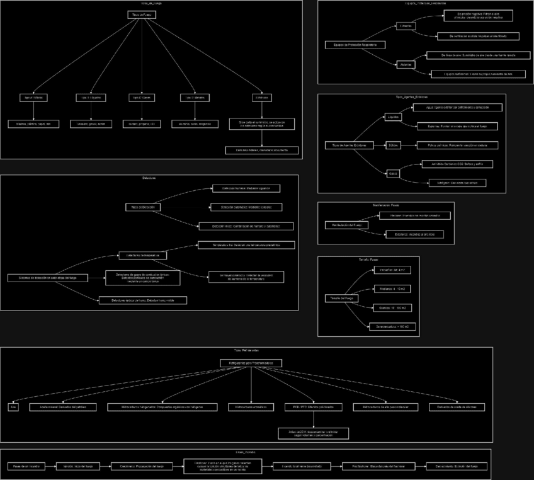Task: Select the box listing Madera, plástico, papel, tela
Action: click(x=33, y=124)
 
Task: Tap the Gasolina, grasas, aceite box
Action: click(x=91, y=124)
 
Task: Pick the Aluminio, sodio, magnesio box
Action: click(x=193, y=124)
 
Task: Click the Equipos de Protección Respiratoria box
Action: click(x=355, y=45)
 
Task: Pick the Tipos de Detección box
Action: click(x=142, y=207)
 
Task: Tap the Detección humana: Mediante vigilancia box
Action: click(x=246, y=188)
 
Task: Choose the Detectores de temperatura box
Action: click(x=142, y=255)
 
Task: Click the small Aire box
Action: click(x=13, y=407)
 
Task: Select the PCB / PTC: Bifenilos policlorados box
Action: click(x=313, y=407)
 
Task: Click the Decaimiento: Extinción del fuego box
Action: click(x=457, y=466)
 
